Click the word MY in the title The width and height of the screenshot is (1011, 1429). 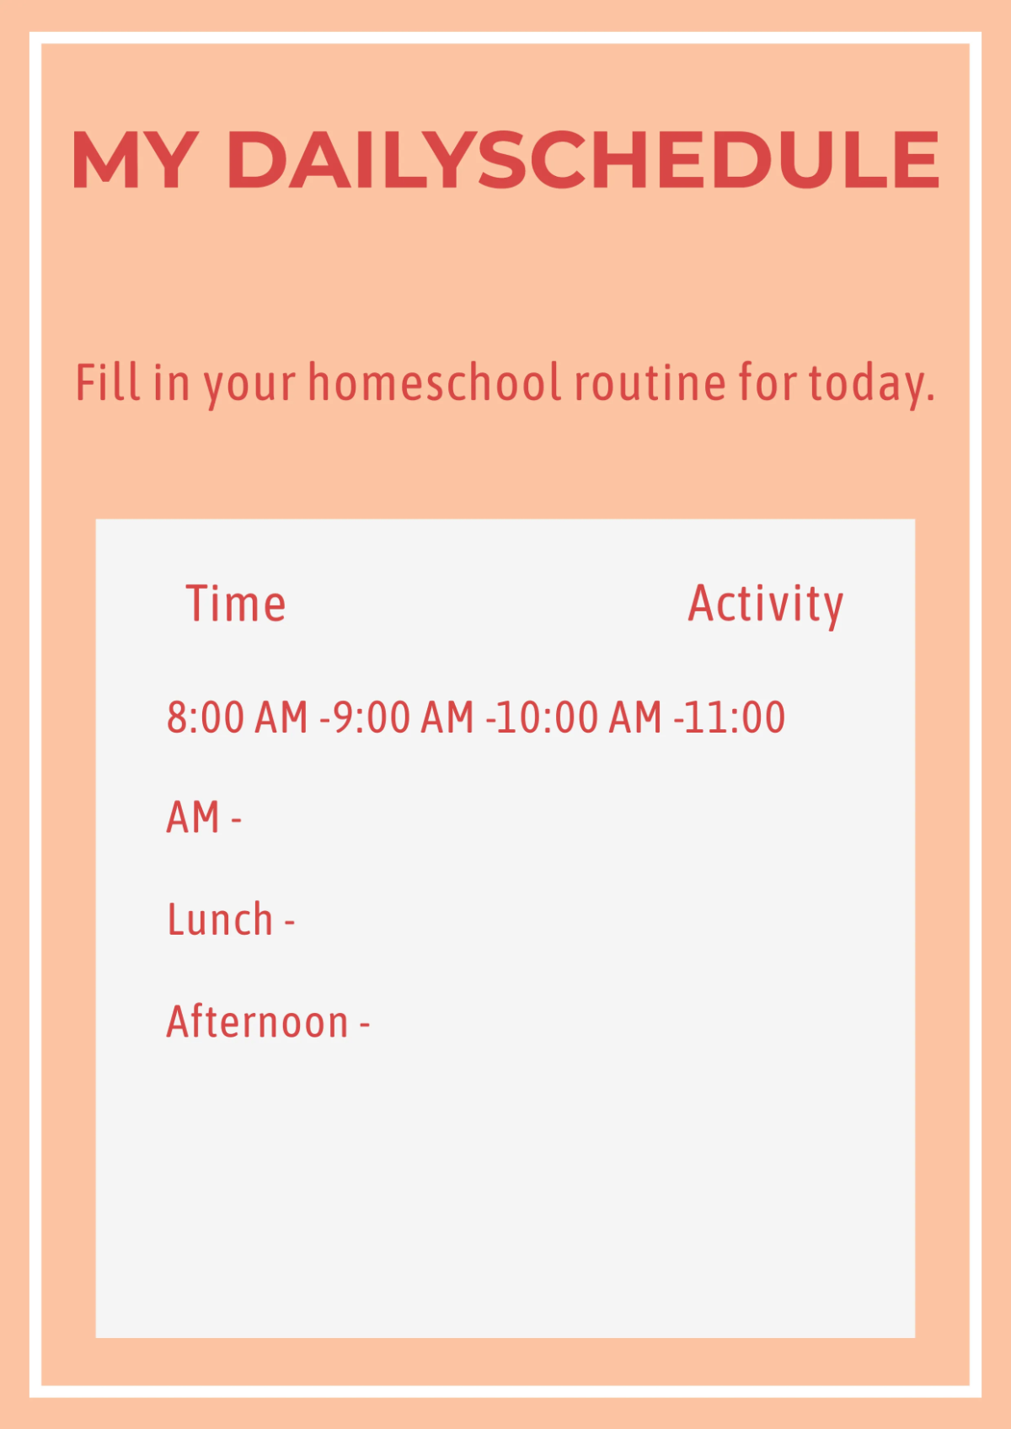[136, 160]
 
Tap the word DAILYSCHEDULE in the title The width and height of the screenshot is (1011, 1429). [582, 160]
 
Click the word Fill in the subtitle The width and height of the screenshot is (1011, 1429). [108, 382]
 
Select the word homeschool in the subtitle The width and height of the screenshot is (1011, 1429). [435, 382]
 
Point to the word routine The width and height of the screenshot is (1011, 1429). [650, 382]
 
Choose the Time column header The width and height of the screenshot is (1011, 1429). [236, 604]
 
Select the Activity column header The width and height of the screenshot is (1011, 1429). [765, 604]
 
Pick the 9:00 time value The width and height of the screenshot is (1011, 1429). [371, 717]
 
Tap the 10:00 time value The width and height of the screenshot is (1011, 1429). [547, 717]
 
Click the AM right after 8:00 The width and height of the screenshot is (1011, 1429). [281, 717]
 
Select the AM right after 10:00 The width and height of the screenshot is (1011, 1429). [635, 717]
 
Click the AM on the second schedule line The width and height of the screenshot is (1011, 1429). [193, 818]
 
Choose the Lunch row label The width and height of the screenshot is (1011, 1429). [220, 920]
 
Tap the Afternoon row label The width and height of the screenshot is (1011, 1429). [257, 1021]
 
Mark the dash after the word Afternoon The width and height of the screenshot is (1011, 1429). [365, 1024]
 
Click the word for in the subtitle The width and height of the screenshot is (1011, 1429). [767, 382]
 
